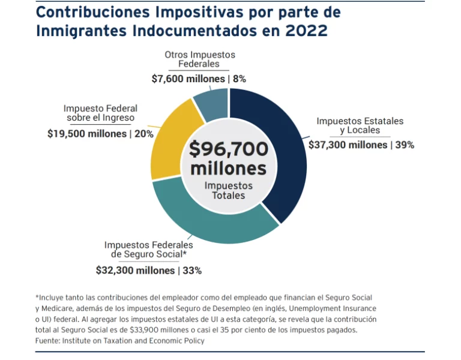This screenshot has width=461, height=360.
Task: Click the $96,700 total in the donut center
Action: [228, 149]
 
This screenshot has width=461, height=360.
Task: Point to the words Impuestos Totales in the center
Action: [228, 191]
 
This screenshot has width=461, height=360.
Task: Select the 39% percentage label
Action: [405, 145]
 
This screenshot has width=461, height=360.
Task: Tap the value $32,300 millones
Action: [136, 271]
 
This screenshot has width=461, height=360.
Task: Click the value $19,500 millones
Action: [87, 134]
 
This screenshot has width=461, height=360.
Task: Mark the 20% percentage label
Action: [144, 134]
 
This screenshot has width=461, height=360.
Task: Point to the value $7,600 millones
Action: [188, 79]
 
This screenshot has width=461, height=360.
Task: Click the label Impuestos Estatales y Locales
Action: [360, 125]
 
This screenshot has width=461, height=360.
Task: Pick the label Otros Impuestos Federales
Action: [200, 59]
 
